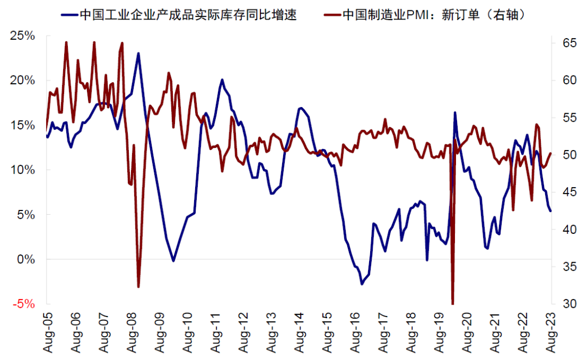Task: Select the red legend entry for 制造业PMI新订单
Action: tap(429, 15)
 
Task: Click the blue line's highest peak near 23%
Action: tap(139, 53)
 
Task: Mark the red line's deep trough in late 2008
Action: tap(139, 287)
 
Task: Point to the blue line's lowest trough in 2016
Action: tap(362, 284)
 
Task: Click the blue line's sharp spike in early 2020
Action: tap(455, 113)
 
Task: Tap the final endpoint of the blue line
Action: tap(551, 211)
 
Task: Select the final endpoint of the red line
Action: tap(551, 153)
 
